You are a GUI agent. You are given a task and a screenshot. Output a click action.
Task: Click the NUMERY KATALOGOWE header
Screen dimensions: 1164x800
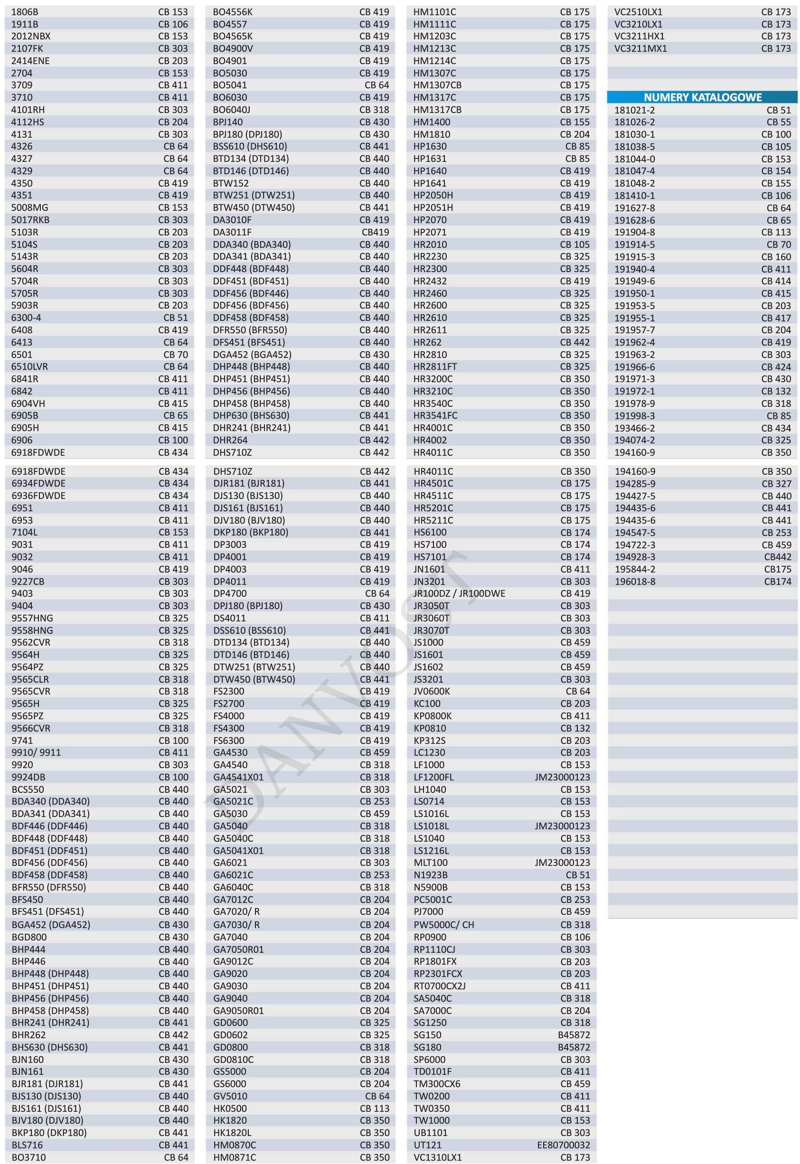coord(702,97)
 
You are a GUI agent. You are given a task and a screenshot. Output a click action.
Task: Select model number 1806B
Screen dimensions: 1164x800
coord(25,11)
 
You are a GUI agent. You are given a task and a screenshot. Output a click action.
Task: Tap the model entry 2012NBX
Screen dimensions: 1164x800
coord(30,36)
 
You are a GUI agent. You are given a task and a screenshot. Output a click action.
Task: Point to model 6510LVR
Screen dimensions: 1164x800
coord(29,366)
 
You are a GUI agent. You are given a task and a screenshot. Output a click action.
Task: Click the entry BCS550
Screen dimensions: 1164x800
coord(28,789)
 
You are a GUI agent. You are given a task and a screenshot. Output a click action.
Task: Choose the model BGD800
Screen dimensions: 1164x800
coord(29,937)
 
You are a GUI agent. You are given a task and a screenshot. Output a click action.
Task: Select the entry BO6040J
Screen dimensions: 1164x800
coord(231,109)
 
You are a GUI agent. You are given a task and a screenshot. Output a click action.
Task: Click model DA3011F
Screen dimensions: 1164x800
coord(232,232)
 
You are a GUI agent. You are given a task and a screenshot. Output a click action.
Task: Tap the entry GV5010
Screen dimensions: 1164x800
coord(230,1096)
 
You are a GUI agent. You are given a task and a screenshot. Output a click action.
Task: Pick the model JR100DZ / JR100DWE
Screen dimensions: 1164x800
coord(459,593)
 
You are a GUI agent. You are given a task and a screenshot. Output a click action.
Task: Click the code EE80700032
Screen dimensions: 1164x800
coord(564,1145)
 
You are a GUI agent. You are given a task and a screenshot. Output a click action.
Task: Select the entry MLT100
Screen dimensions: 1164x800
coord(431,863)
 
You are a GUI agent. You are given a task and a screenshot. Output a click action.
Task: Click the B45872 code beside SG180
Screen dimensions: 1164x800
coord(574,1047)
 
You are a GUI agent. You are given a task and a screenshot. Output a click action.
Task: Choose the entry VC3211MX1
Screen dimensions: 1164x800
coord(640,48)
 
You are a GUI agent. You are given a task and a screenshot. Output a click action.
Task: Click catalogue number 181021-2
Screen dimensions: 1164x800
coord(635,110)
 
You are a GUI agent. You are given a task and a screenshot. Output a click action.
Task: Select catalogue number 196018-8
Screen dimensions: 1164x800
coord(635,581)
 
